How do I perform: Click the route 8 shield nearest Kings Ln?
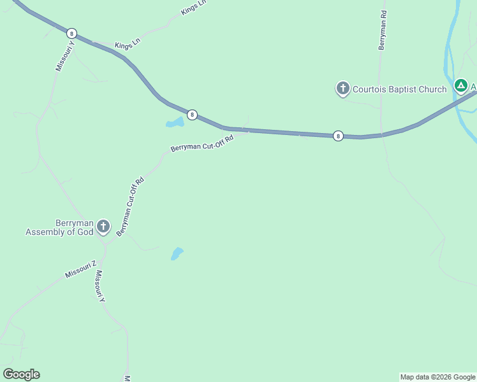(71, 33)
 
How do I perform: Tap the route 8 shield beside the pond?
(192, 115)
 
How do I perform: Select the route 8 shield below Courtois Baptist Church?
(338, 136)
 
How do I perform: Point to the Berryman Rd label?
(383, 30)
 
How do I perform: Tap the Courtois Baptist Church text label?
(400, 89)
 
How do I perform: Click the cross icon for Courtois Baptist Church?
(343, 88)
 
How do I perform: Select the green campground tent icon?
(460, 85)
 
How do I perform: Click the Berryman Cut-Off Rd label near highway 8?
(202, 143)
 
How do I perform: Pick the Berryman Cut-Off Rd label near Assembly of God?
(130, 206)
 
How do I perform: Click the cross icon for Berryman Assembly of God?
(103, 227)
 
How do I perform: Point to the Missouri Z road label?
(80, 269)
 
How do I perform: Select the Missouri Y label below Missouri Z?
(99, 286)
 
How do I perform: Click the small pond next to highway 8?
(174, 122)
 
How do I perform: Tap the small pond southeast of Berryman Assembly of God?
(177, 253)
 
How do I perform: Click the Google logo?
(21, 374)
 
